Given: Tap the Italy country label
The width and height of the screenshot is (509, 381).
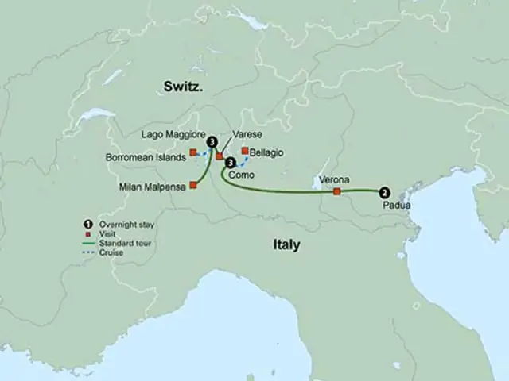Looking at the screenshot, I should [x=283, y=244].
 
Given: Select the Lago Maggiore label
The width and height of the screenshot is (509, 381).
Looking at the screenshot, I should [x=174, y=134].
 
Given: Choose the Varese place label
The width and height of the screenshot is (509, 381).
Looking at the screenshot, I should [x=248, y=135].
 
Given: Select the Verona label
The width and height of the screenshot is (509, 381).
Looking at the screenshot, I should [x=334, y=180].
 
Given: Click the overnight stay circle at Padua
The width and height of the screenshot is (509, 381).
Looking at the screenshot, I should [x=384, y=191].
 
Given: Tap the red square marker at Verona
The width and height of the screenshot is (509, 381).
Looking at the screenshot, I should [x=337, y=191].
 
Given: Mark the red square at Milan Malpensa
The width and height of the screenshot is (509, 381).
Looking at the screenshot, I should [x=193, y=186].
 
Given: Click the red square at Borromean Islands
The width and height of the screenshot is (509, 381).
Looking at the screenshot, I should [x=192, y=152].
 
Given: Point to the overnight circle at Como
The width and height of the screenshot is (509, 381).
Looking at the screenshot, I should [x=231, y=163].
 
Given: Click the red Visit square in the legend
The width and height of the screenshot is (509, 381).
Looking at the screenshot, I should [x=90, y=233].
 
